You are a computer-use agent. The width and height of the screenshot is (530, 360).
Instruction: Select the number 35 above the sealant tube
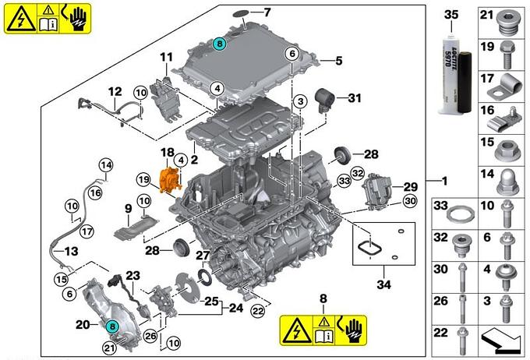tap(451, 15)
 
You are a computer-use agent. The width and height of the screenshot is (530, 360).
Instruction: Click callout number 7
tap(267, 12)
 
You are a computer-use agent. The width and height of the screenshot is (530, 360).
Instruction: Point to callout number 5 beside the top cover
tap(340, 60)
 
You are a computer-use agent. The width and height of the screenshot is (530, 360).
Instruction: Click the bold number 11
tap(165, 57)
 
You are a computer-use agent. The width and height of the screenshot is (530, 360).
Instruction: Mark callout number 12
tap(115, 91)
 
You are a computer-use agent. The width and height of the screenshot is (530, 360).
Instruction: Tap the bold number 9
tap(127, 208)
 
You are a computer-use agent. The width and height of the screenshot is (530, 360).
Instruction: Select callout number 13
tap(71, 252)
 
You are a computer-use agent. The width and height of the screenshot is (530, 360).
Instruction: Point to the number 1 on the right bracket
tap(443, 182)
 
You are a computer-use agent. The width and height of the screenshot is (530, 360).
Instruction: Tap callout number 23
tap(133, 275)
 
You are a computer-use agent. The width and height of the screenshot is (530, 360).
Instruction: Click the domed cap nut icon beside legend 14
tap(510, 177)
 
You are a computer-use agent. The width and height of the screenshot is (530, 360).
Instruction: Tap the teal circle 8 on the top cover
tap(220, 44)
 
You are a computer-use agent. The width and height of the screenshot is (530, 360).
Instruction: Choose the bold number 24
tap(236, 309)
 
